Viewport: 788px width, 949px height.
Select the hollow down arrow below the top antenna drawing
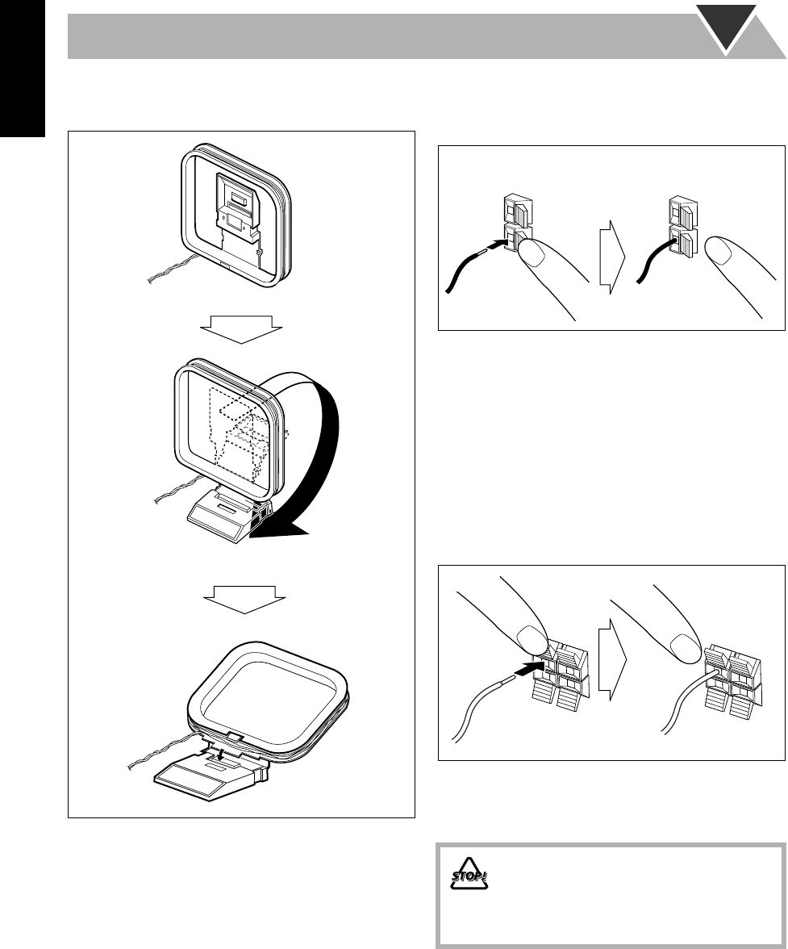pos(241,327)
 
